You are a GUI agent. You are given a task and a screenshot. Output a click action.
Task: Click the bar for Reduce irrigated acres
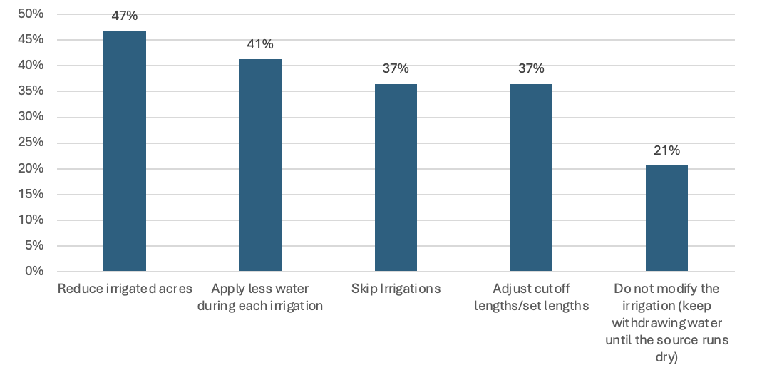coord(125,151)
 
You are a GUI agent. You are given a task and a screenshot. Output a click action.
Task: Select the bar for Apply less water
coord(260,165)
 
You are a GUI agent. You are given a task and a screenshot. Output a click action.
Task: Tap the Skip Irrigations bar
coord(396,178)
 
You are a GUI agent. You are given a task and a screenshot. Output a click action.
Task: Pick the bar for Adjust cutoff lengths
coord(531,178)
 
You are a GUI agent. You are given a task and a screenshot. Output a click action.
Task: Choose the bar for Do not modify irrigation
coord(666,218)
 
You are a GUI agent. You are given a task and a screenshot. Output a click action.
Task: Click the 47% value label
coord(125,16)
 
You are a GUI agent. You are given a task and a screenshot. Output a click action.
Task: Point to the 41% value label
coord(260,44)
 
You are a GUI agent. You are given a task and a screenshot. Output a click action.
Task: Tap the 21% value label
coord(666,150)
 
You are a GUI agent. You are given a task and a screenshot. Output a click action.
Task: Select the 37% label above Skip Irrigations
coord(396,68)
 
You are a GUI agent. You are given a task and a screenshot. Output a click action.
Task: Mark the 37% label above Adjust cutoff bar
coord(531,68)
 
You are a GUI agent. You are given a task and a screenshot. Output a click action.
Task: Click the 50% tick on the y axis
coord(31,14)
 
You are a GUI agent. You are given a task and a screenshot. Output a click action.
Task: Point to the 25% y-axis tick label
coord(31,143)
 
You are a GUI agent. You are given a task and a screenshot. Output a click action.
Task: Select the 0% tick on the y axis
coord(34,272)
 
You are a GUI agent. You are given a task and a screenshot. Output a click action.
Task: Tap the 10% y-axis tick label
coord(31,220)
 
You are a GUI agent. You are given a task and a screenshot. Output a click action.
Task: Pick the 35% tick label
coord(31,91)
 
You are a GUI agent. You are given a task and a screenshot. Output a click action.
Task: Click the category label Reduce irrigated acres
coord(125,289)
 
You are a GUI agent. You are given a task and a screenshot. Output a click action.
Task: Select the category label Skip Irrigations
coord(396,289)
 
